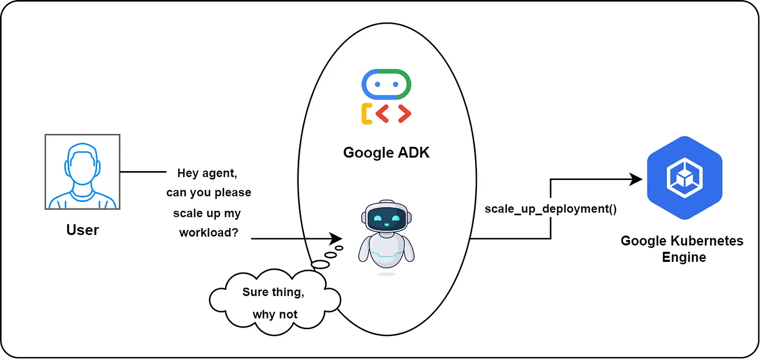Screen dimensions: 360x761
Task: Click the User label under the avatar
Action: click(82, 230)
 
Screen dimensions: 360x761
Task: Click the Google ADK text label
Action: click(386, 153)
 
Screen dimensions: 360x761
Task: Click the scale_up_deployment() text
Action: click(550, 209)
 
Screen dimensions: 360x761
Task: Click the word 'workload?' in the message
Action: click(207, 233)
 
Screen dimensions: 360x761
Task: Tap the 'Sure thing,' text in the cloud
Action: click(275, 292)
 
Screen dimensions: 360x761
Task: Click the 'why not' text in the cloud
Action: click(275, 314)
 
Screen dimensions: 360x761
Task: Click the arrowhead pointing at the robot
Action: click(336, 238)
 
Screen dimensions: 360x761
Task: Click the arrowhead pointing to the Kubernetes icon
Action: click(635, 179)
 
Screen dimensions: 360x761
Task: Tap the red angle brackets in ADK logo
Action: click(393, 114)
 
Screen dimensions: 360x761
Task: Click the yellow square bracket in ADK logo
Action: click(366, 114)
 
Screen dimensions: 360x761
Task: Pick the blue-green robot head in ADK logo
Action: click(386, 84)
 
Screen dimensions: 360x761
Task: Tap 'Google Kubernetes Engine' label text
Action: click(682, 249)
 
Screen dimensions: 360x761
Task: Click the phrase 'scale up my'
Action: click(207, 213)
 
